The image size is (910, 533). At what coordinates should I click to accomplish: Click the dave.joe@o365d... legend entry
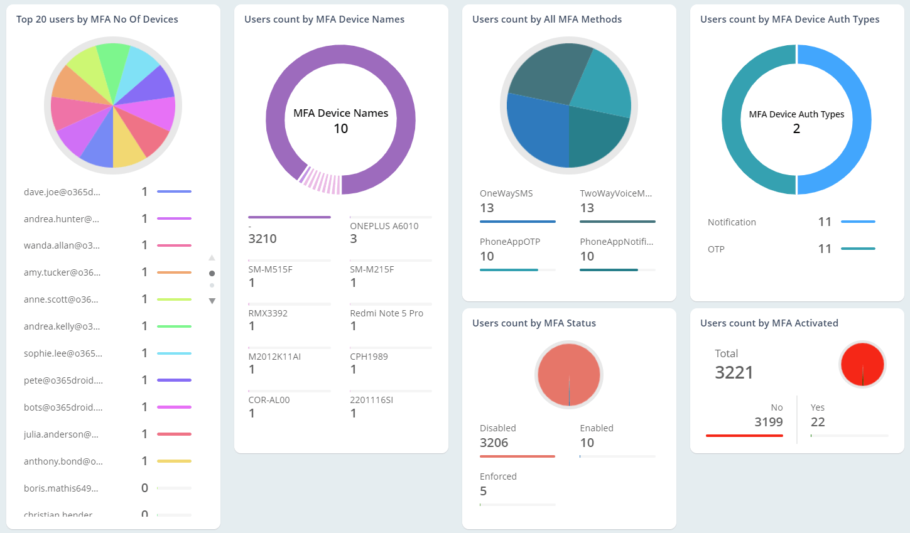coord(62,192)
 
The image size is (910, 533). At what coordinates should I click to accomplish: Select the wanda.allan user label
coord(62,245)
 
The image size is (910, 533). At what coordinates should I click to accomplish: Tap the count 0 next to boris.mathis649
coord(144,488)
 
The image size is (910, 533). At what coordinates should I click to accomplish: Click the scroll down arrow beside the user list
coord(212,301)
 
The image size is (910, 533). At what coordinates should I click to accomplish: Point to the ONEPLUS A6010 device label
coord(384,226)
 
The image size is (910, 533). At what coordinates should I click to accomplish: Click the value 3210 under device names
coord(263,239)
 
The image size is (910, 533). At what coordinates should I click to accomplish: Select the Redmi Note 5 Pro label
coord(386,313)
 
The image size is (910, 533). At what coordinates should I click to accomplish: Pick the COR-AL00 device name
coord(269,400)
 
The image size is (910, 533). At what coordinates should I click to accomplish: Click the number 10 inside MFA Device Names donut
coord(340,129)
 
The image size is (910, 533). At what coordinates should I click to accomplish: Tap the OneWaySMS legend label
coord(506,193)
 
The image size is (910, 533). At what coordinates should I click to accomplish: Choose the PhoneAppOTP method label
coord(510,242)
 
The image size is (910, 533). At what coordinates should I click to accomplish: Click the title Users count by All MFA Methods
coord(546,19)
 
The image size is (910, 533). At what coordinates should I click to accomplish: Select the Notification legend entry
coord(732,222)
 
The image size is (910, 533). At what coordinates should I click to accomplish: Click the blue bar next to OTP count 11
coord(858,249)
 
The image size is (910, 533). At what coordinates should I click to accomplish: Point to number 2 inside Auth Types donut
coord(796,129)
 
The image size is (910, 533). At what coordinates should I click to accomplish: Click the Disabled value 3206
coord(494,443)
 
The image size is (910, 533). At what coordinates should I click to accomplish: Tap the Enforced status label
coord(498,476)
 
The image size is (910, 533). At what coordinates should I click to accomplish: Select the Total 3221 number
coord(734,372)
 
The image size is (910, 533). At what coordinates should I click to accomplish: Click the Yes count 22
coord(818,422)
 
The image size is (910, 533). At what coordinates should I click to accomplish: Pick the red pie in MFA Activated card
coord(862,364)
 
